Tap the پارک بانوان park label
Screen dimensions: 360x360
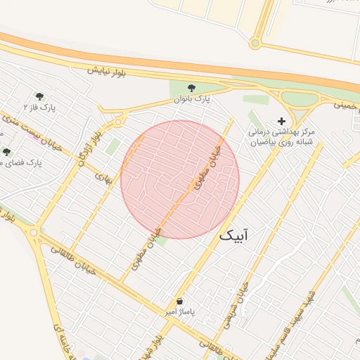pos(192,101)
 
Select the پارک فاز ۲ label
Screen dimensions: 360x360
pos(42,107)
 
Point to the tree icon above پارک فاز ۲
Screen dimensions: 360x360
pos(39,96)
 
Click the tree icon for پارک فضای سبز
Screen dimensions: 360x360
pos(6,151)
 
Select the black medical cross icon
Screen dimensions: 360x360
pos(282,121)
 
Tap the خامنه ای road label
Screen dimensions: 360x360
pos(58,340)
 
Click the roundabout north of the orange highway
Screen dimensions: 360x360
pos(255,44)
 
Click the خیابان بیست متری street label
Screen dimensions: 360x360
pos(28,127)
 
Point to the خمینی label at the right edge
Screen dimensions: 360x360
pos(347,105)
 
